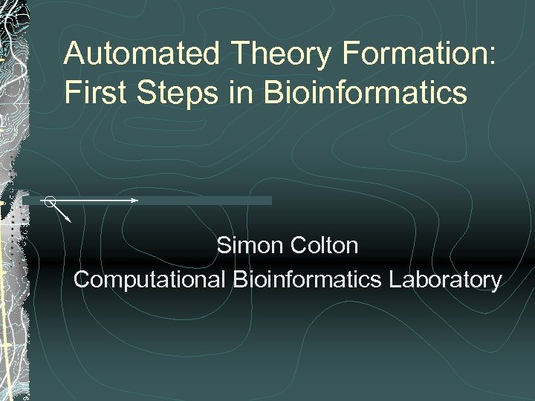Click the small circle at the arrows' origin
click(49, 200)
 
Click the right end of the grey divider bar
click(270, 200)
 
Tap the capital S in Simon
click(224, 246)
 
